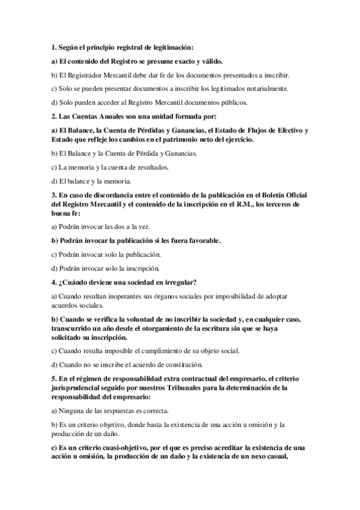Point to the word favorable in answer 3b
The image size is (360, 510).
click(201, 241)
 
